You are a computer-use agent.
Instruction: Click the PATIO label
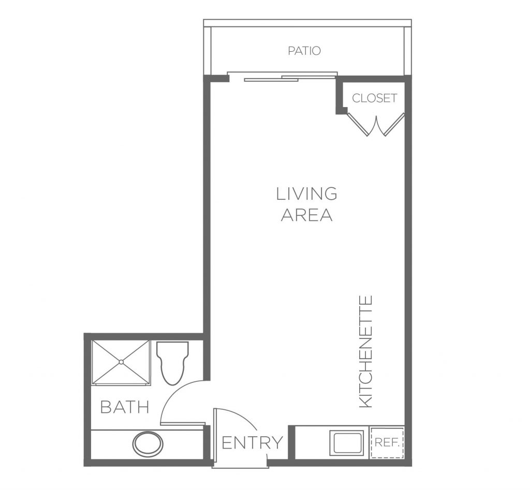[304, 51]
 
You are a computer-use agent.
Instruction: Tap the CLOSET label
[374, 98]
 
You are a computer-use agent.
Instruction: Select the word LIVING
[306, 194]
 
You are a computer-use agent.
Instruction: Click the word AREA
[306, 215]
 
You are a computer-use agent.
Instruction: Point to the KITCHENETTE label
[365, 351]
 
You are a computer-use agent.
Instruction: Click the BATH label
[125, 407]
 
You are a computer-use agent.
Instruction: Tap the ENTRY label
[252, 443]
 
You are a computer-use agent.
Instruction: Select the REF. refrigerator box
[387, 443]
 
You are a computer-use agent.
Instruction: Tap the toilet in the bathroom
[172, 363]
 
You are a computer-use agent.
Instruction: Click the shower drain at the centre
[121, 362]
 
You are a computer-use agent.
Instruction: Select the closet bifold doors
[376, 125]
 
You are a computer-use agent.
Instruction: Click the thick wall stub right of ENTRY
[291, 443]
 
